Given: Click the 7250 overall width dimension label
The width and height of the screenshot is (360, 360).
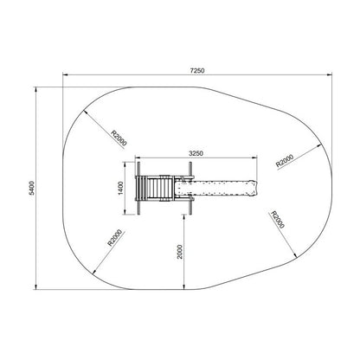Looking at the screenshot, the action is pyautogui.click(x=197, y=70).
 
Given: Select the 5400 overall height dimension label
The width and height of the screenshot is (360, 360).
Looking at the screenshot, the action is pyautogui.click(x=31, y=188).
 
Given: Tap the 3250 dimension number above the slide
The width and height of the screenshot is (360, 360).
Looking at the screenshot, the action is pyautogui.click(x=196, y=153).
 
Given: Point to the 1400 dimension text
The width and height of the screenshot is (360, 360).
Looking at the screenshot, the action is pyautogui.click(x=121, y=188).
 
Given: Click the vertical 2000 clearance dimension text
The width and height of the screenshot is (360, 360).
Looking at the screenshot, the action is pyautogui.click(x=180, y=252).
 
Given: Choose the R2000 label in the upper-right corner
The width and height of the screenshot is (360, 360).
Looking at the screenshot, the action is pyautogui.click(x=285, y=161).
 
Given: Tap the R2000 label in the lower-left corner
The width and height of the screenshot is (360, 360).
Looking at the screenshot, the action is pyautogui.click(x=114, y=237).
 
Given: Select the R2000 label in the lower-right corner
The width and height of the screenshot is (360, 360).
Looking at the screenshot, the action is pyautogui.click(x=278, y=220).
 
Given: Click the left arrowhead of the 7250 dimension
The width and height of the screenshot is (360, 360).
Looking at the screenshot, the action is pyautogui.click(x=65, y=74).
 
